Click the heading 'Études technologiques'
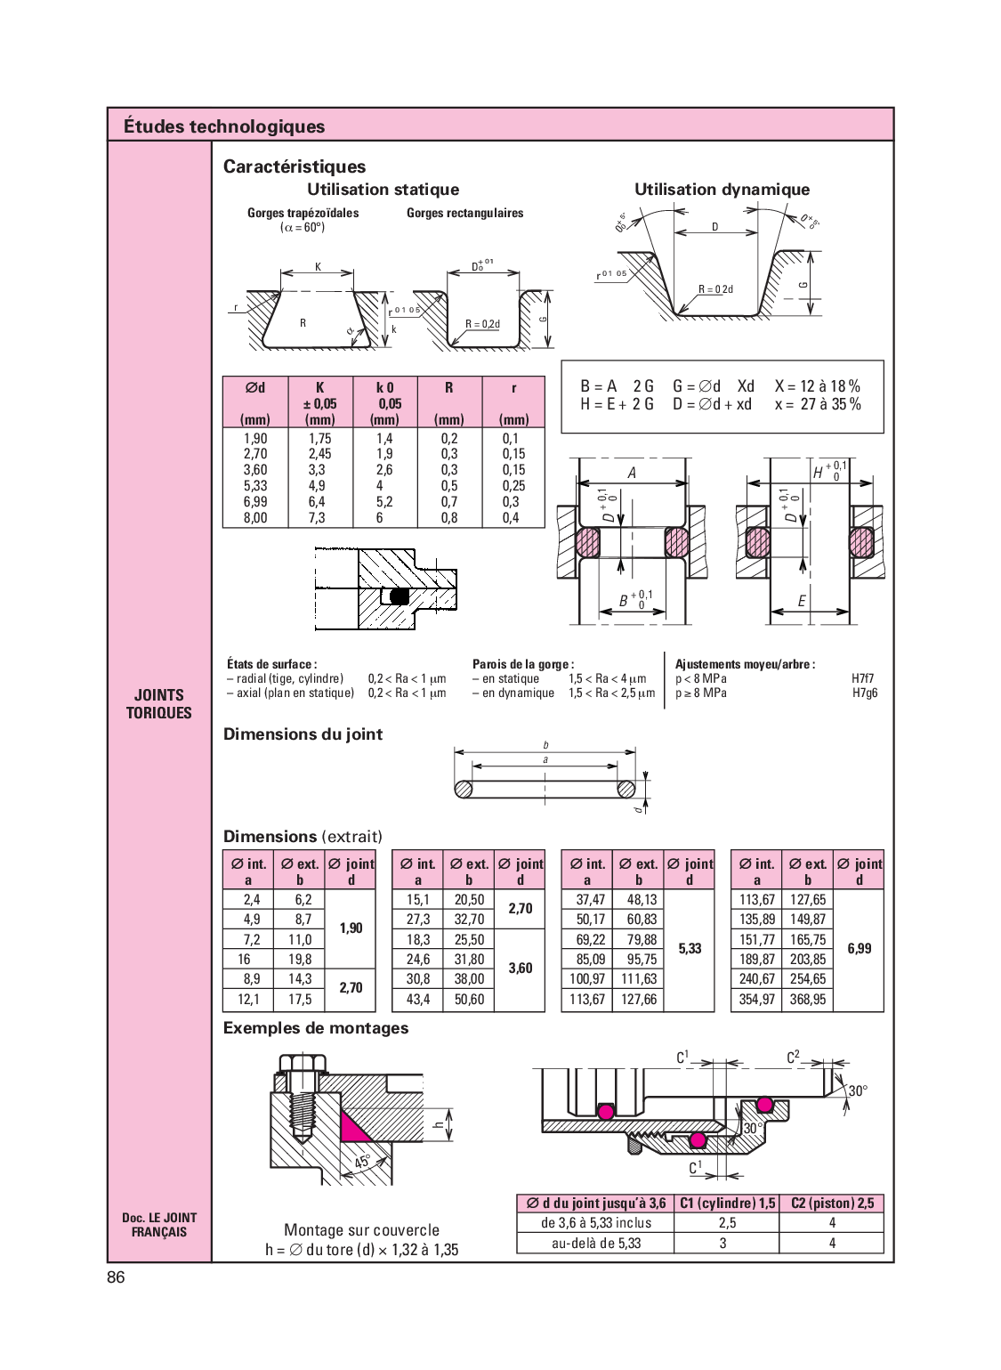[x=224, y=126]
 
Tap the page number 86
[x=116, y=1277]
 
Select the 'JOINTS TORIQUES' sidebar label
[x=158, y=703]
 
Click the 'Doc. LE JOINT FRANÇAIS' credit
[x=158, y=1224]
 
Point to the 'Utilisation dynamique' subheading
[x=722, y=189]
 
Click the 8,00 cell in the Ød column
[x=254, y=518]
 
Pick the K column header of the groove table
[x=320, y=388]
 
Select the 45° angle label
[x=363, y=1162]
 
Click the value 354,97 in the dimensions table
[x=757, y=1000]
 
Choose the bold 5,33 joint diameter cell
[x=690, y=949]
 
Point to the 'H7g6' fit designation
[x=864, y=693]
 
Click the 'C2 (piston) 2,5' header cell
[x=832, y=1204]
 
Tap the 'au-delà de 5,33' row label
[x=595, y=1244]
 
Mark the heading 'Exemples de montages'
[x=316, y=1028]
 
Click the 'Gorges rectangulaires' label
[x=464, y=213]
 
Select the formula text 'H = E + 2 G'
[x=617, y=404]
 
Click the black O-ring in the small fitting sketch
[x=400, y=596]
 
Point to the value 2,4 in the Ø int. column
[x=252, y=900]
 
